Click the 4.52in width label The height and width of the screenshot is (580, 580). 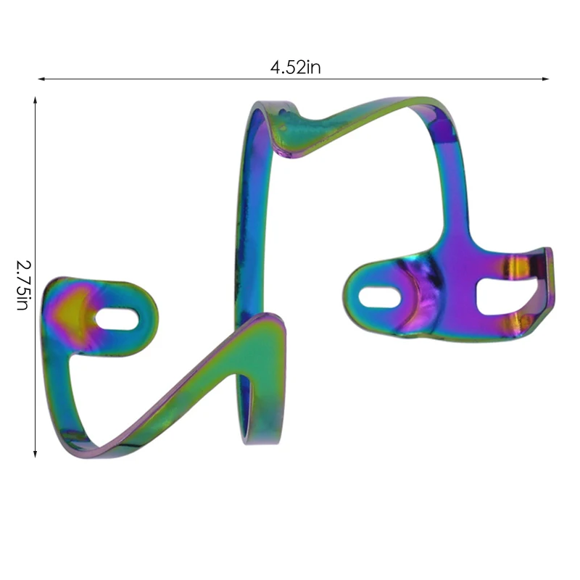coord(295,67)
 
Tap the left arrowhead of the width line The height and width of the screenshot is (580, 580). coord(41,78)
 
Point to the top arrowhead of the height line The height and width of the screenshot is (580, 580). coord(35,100)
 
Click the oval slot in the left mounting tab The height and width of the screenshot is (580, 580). coord(117,319)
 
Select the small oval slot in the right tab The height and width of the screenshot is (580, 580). coord(379,297)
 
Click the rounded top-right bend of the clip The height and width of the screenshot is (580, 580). coord(435,109)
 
